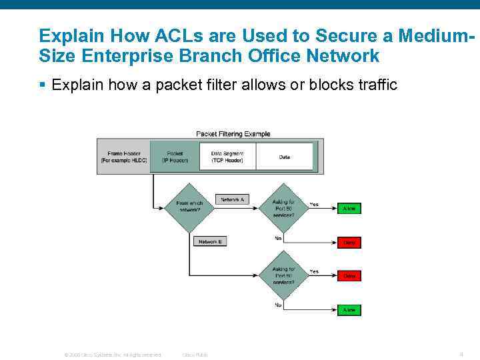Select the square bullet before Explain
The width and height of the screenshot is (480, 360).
click(x=42, y=85)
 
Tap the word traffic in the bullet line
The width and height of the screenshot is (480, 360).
click(x=373, y=85)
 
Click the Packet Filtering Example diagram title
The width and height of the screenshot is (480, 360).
click(x=233, y=133)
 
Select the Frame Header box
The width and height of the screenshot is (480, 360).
click(x=123, y=157)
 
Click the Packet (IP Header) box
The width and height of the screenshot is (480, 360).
click(x=175, y=157)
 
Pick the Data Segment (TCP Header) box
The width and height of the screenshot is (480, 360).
click(x=227, y=157)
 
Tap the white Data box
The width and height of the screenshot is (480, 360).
click(x=285, y=157)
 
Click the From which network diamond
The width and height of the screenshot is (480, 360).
click(x=189, y=207)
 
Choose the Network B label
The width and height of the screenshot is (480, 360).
click(x=209, y=241)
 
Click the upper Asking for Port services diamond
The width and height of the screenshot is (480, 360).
click(x=284, y=207)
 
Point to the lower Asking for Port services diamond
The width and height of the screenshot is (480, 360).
click(x=284, y=275)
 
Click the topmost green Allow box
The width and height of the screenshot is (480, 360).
click(x=349, y=209)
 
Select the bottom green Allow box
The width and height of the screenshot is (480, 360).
click(x=349, y=310)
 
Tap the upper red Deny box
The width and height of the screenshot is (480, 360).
click(x=349, y=243)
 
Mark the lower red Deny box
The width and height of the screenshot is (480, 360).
click(x=349, y=275)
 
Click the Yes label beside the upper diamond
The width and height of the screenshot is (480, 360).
click(x=314, y=204)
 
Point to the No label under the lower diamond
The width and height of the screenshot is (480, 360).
click(x=278, y=305)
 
